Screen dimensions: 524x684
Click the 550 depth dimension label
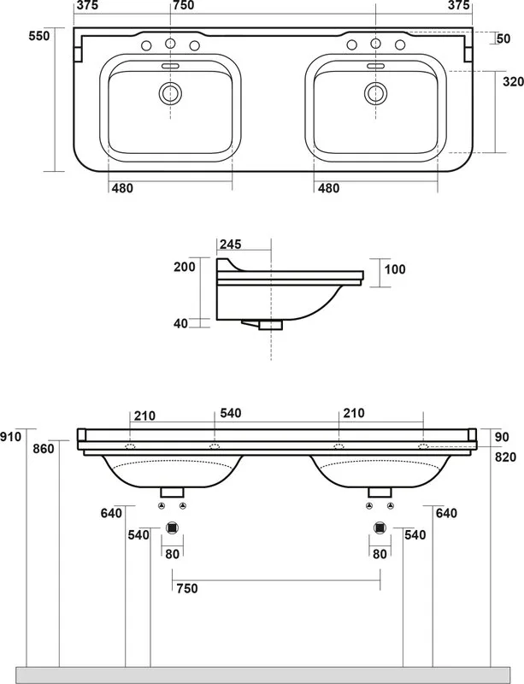(39, 36)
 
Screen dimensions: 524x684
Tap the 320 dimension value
(513, 81)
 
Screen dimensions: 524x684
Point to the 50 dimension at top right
(503, 38)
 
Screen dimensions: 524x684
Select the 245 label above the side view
(230, 245)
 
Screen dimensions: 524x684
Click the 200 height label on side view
(185, 267)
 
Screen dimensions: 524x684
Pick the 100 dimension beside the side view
(395, 269)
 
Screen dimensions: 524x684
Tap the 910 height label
(10, 436)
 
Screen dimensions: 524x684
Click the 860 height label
(44, 448)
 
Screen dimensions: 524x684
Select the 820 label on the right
(506, 457)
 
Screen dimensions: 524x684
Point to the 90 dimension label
(502, 437)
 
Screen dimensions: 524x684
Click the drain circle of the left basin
(170, 93)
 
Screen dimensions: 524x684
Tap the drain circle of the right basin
(375, 93)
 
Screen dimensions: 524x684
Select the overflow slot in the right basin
(375, 66)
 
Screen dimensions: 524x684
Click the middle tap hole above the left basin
(170, 44)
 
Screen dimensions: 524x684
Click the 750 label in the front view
(187, 588)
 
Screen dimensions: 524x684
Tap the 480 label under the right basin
(328, 188)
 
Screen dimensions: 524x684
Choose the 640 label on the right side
(446, 513)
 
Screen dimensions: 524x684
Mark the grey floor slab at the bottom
(262, 675)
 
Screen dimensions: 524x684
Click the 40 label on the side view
(180, 323)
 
